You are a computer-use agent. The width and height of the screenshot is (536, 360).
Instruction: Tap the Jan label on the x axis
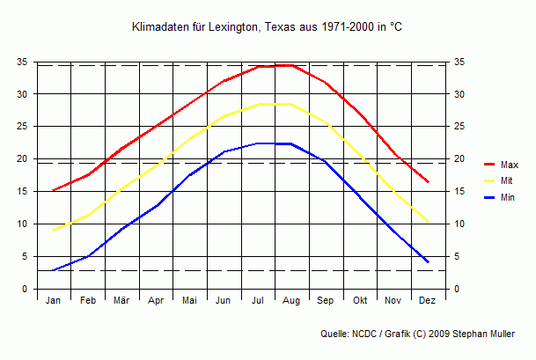coord(53,301)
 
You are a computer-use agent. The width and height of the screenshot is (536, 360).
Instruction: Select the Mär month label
coord(121,301)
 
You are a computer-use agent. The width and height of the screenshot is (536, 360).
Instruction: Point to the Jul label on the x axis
coord(258,301)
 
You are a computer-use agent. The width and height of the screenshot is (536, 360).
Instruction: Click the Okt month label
coord(360,301)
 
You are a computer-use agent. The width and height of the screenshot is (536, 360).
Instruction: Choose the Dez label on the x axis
coord(428,301)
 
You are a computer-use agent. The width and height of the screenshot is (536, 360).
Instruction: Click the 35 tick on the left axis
coord(22,62)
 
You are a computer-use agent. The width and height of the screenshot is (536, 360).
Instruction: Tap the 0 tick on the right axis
coord(458,290)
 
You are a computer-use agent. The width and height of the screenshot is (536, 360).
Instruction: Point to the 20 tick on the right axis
coord(460,159)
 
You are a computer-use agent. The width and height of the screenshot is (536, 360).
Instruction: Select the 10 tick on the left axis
coord(22,224)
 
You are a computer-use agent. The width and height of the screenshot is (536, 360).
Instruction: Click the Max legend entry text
coord(510,165)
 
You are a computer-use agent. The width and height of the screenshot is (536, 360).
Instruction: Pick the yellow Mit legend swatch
coord(490,181)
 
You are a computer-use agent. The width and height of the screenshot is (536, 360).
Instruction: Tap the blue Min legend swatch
coord(490,198)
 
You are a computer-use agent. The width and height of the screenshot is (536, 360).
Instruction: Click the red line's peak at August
coord(291,65)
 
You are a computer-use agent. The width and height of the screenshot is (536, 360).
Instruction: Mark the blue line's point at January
coord(53,270)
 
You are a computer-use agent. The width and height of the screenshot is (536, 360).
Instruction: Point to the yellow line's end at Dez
coord(428,222)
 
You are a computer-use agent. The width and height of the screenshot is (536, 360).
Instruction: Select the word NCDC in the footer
coord(363,334)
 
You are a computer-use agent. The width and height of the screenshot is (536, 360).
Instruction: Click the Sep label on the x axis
coord(326,301)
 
